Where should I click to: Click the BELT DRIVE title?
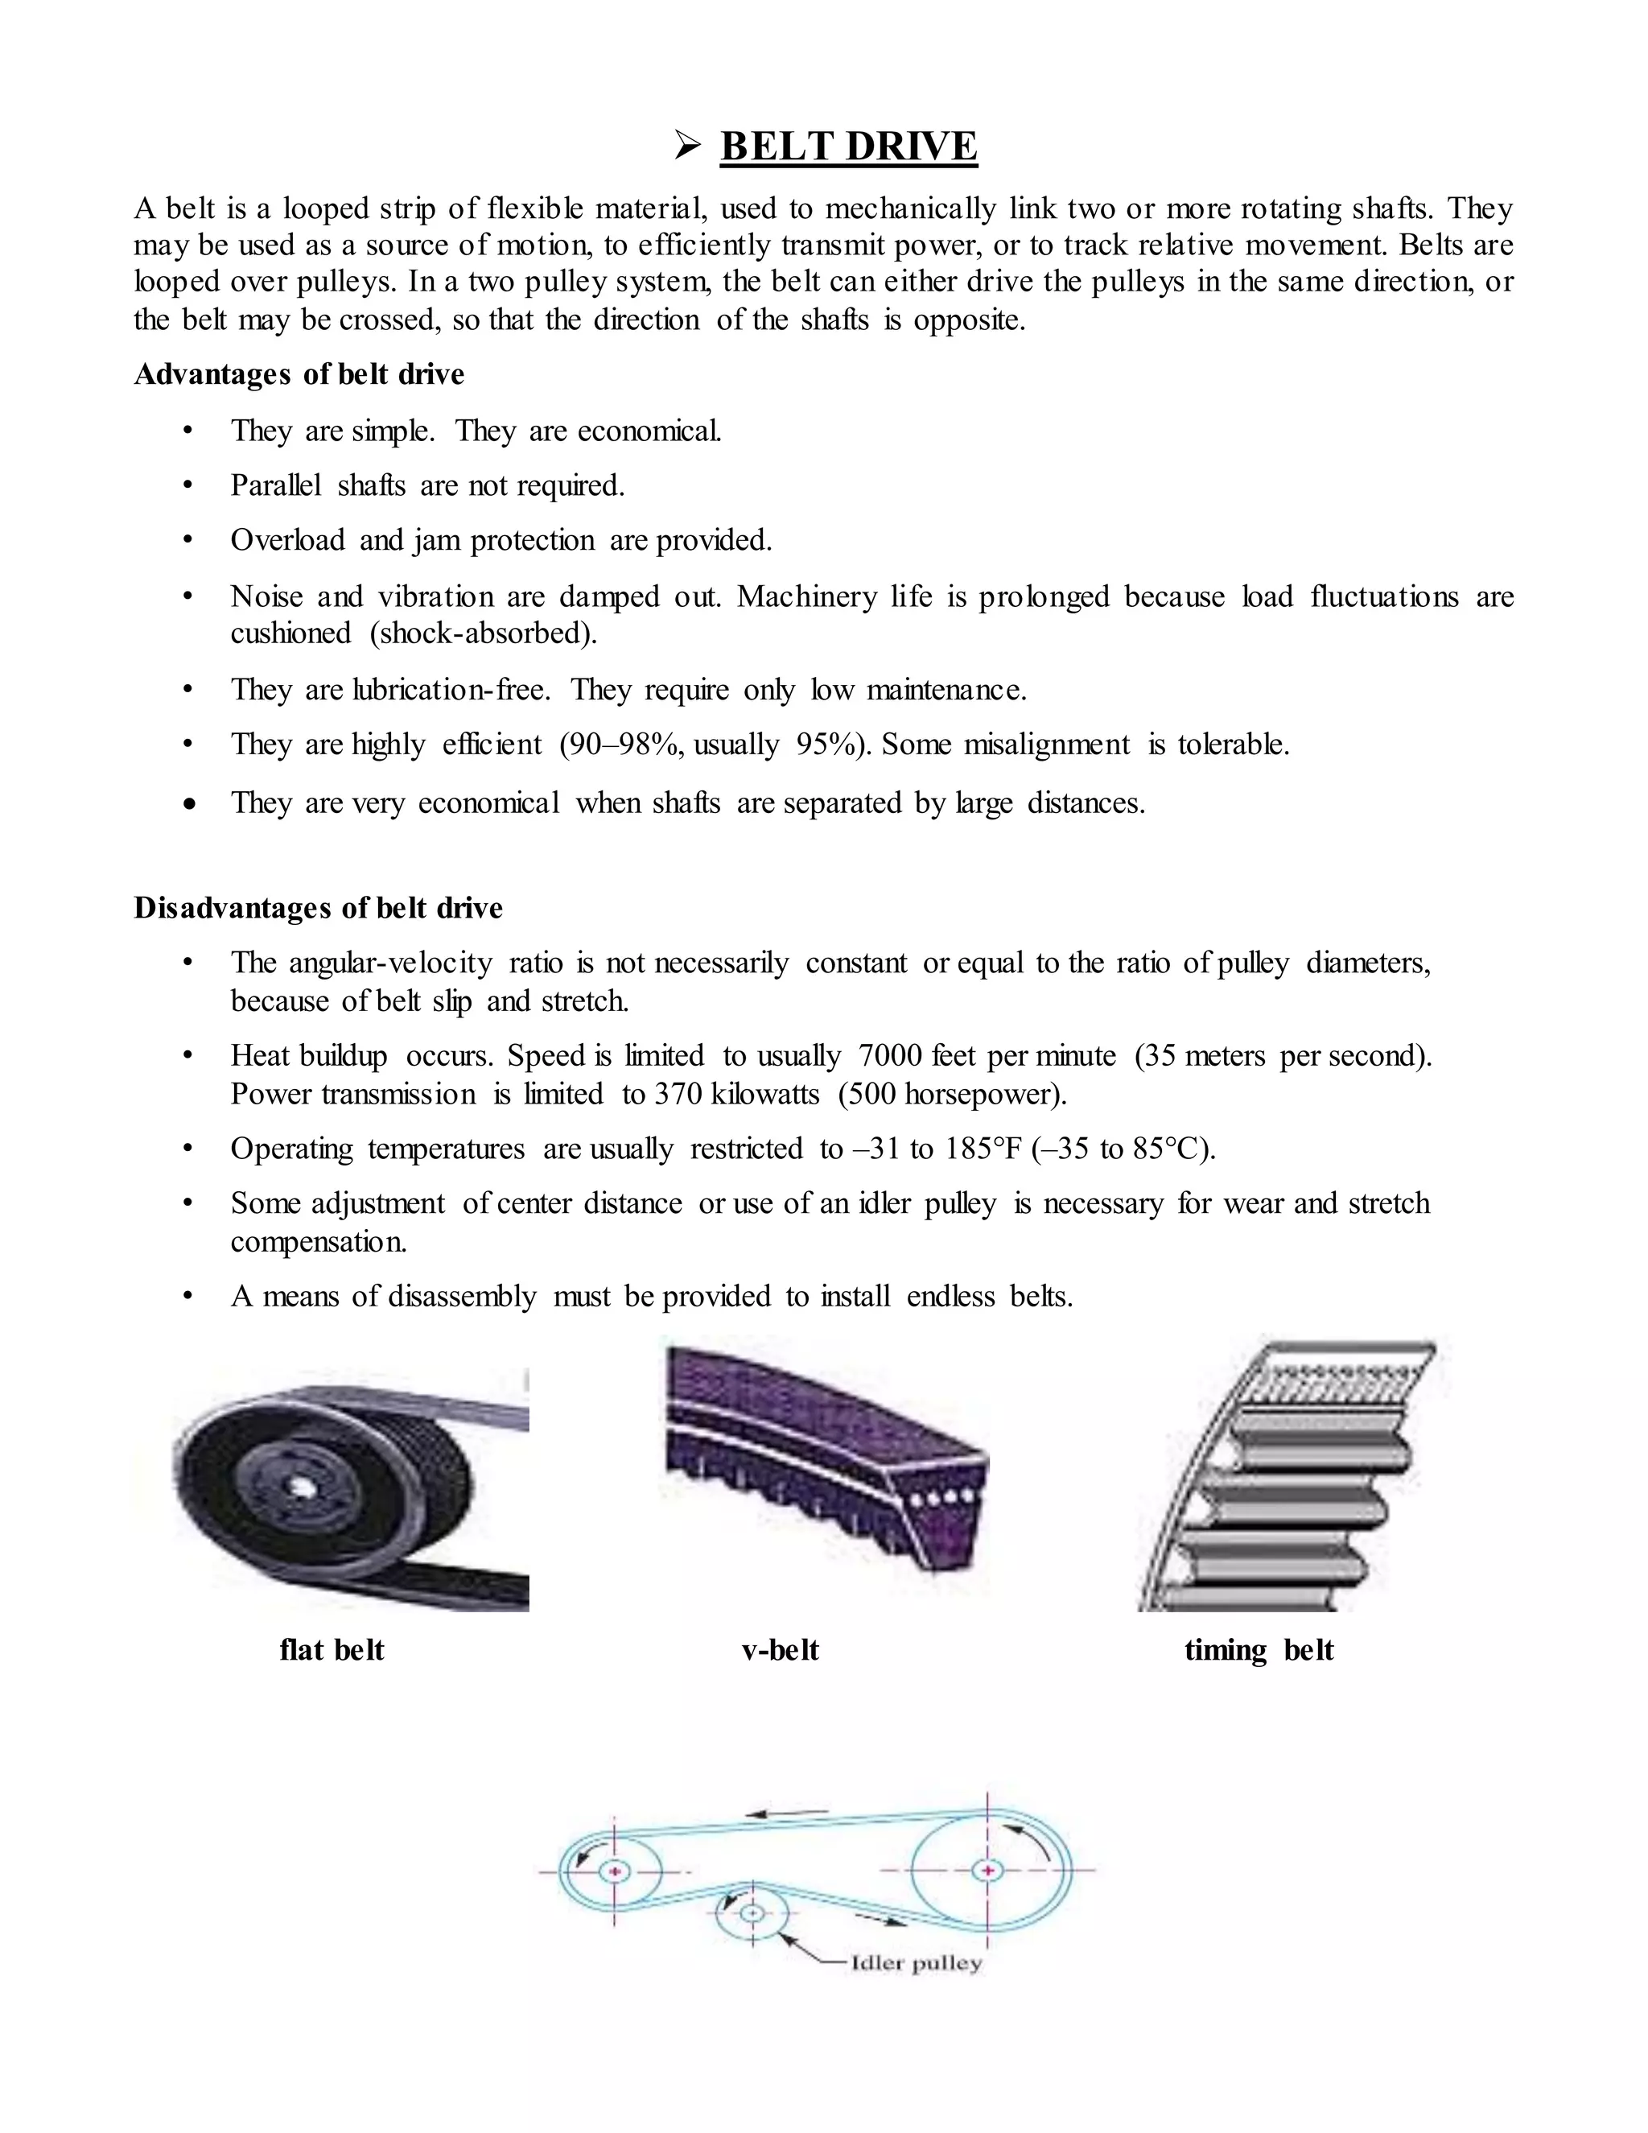[847, 146]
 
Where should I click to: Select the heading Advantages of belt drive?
[299, 374]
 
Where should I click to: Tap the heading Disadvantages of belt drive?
[319, 907]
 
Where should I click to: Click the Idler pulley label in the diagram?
[916, 1962]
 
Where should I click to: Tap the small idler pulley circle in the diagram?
[752, 1912]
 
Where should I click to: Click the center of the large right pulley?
[988, 1871]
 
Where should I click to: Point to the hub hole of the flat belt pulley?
[297, 1487]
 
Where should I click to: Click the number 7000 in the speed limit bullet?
[889, 1056]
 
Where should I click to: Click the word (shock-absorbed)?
[484, 633]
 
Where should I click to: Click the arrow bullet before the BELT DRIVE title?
[687, 147]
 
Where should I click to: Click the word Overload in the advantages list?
[287, 540]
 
